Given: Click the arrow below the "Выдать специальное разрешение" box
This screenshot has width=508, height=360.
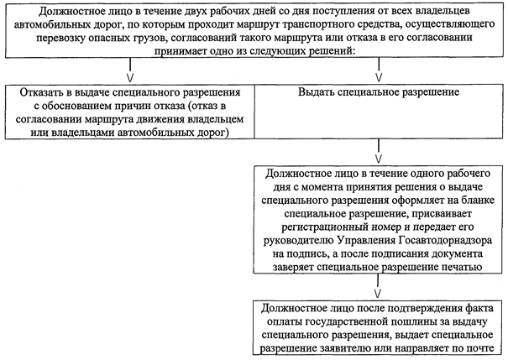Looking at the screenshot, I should click(380, 155).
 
